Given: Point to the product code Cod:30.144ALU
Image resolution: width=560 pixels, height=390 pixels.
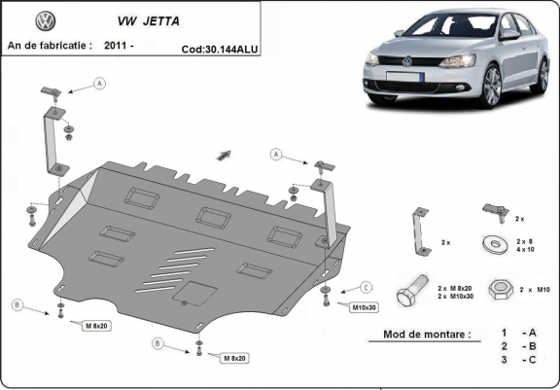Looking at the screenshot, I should coord(222,47).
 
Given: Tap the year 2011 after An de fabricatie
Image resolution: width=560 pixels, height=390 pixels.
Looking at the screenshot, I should coord(116,45).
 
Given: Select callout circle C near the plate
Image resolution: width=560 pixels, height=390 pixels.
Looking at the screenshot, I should coord(366,287).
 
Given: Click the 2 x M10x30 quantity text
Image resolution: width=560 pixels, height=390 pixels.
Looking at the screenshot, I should coord(457,297).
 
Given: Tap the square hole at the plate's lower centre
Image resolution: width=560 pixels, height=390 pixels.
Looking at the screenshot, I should coord(197,292).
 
